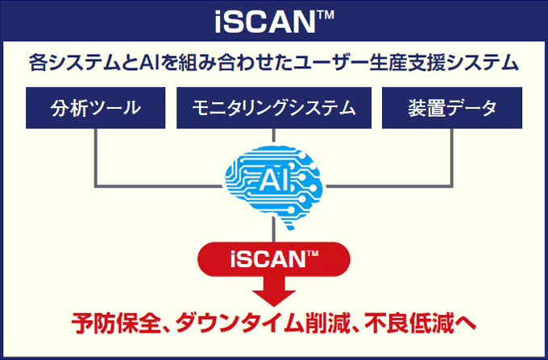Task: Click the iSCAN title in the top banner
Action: (274, 22)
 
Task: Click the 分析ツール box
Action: (95, 108)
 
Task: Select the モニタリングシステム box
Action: (274, 108)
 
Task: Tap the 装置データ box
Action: (452, 108)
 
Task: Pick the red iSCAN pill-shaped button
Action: (274, 259)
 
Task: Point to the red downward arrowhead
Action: (274, 297)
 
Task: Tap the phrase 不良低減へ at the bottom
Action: (420, 324)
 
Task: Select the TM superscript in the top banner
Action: (326, 15)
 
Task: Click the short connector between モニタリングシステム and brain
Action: (274, 136)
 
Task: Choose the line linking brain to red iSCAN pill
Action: (274, 230)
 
